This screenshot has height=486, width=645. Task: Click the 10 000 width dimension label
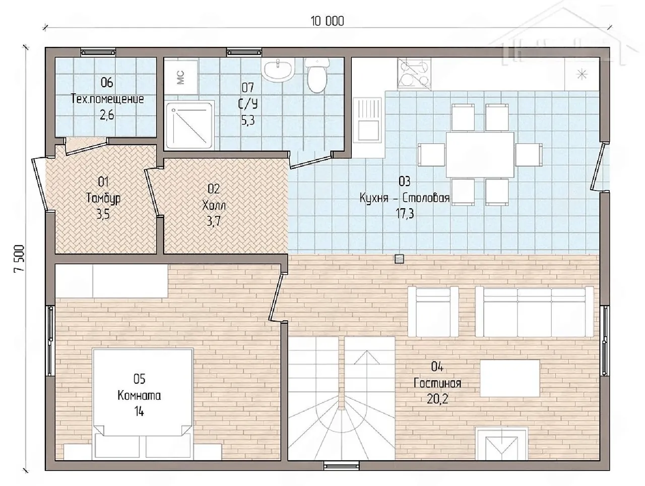click(x=327, y=21)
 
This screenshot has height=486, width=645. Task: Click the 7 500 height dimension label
click(x=19, y=259)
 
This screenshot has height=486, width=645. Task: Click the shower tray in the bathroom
click(x=190, y=125)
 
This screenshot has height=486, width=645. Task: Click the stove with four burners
click(x=414, y=74)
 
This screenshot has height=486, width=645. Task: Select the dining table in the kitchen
click(x=480, y=155)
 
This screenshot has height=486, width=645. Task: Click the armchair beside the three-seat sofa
click(x=433, y=312)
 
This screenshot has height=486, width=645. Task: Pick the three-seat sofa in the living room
click(x=534, y=312)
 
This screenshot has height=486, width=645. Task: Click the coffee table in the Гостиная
click(x=509, y=378)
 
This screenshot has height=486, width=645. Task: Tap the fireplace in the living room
click(x=501, y=443)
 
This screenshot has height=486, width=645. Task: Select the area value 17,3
click(x=405, y=214)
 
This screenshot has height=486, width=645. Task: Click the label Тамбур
click(x=103, y=198)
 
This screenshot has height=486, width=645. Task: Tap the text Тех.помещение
click(x=107, y=99)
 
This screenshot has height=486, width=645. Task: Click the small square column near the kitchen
click(x=399, y=259)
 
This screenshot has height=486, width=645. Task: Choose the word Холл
click(x=214, y=205)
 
